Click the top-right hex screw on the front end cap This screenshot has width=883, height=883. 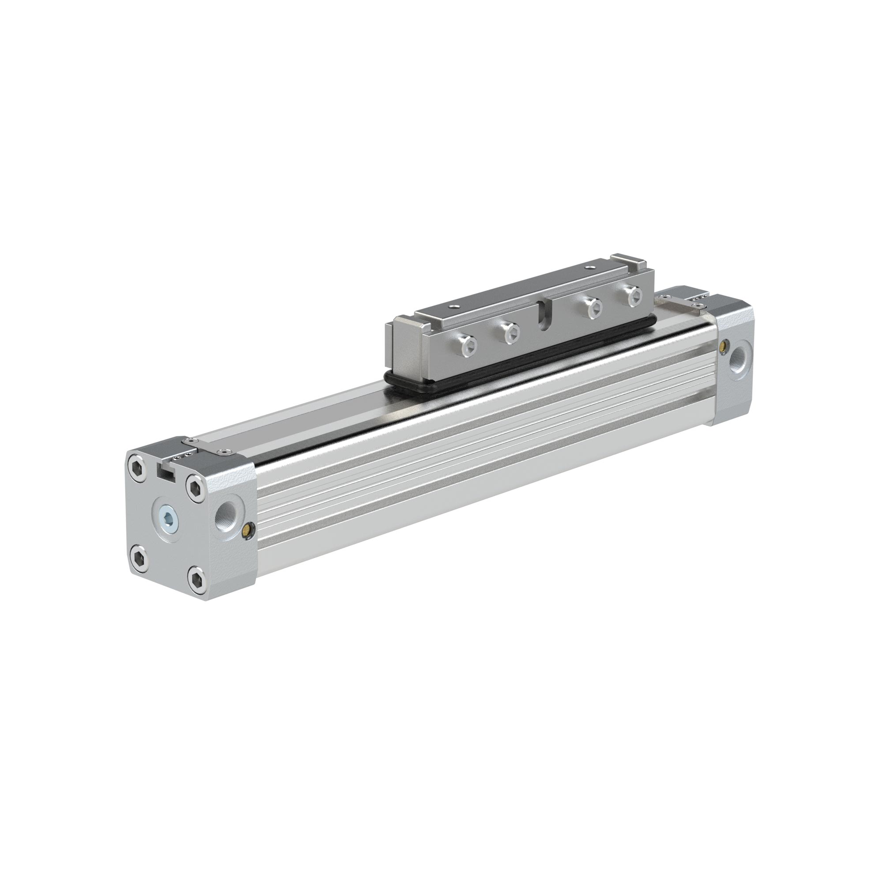[x=196, y=484]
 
